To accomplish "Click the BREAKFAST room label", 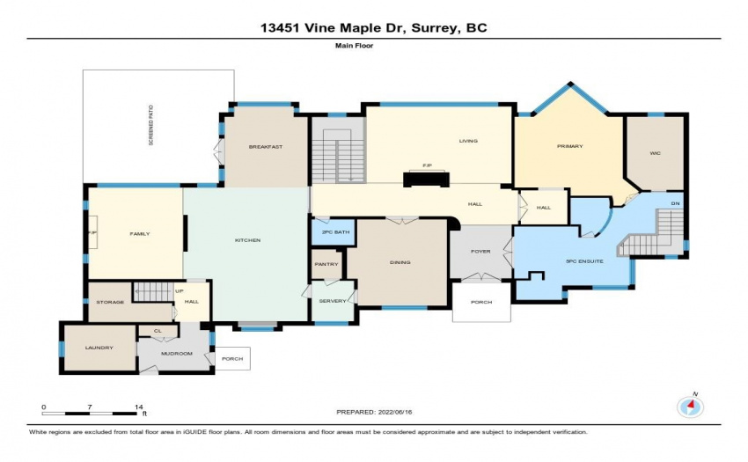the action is click(266, 147).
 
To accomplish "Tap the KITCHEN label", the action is click(247, 240).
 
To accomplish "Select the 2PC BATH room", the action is click(335, 232).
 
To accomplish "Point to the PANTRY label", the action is click(326, 264).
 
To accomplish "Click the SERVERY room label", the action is click(333, 301).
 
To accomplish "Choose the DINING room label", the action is click(400, 262).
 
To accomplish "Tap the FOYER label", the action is click(480, 252).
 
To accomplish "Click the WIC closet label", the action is click(655, 153).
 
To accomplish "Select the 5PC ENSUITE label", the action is click(584, 261).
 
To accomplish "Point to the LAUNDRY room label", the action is click(99, 348).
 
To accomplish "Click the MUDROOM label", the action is click(177, 353).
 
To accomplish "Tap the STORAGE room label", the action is click(110, 302).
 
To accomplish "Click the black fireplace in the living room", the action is click(426, 179).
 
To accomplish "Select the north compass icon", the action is click(691, 407).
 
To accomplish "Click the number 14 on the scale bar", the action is click(139, 407).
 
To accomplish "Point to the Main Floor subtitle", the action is click(354, 46).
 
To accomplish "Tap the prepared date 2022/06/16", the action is click(395, 412).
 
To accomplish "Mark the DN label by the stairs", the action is click(675, 204).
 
